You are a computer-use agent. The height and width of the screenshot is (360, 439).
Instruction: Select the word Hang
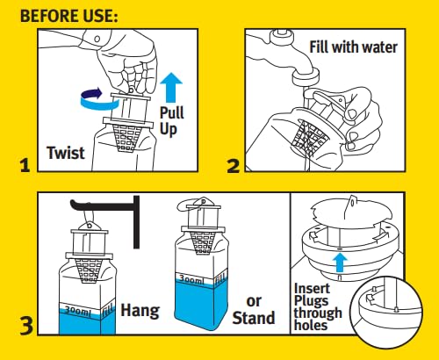[x=138, y=309]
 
